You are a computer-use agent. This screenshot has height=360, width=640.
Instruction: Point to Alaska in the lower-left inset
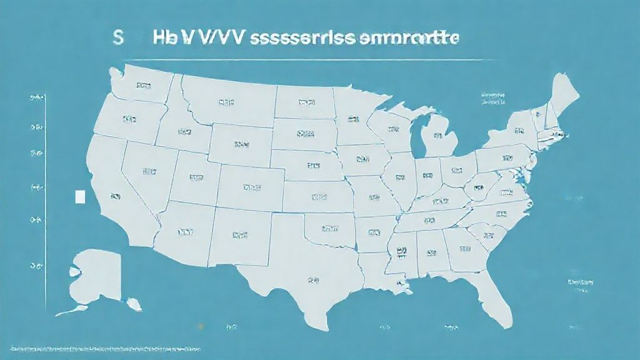tap(97, 275)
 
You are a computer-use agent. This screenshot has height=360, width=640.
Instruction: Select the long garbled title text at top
tap(306, 37)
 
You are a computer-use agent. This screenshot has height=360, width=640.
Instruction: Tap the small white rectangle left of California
tap(79, 197)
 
